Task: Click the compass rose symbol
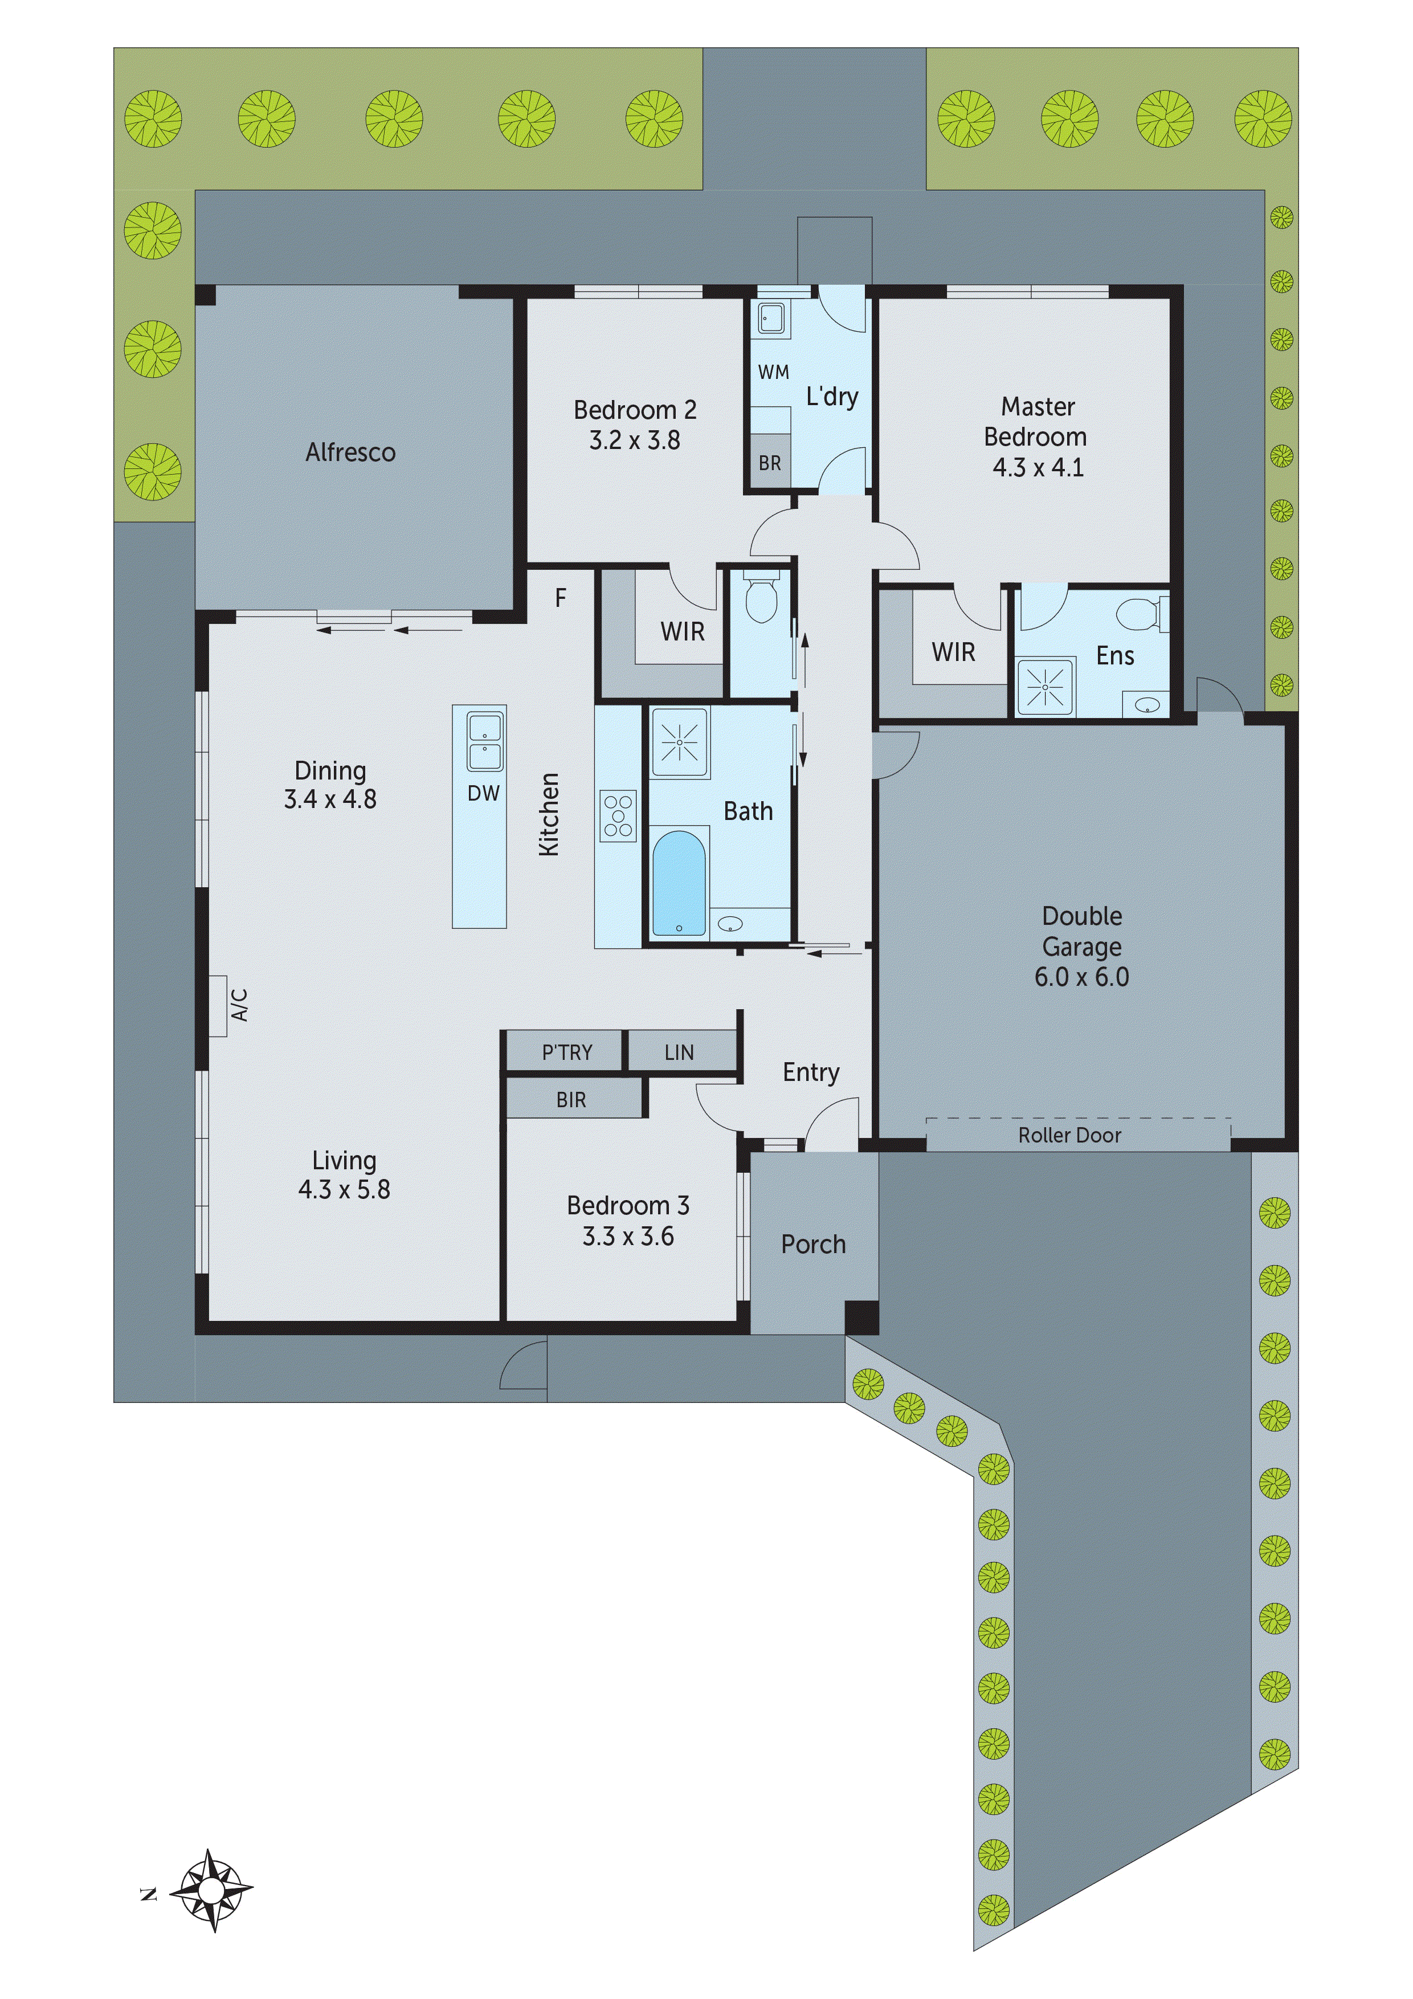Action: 211,1891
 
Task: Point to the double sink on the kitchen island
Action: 484,742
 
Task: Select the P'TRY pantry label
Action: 567,1052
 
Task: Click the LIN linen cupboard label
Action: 679,1052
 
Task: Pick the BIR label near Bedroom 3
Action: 571,1100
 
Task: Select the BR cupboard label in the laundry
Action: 770,463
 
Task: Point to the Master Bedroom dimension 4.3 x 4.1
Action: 1038,467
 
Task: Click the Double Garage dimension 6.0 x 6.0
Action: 1081,977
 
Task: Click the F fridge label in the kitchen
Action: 561,597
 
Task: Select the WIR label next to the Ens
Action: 953,652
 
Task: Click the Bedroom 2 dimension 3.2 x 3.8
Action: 635,440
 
